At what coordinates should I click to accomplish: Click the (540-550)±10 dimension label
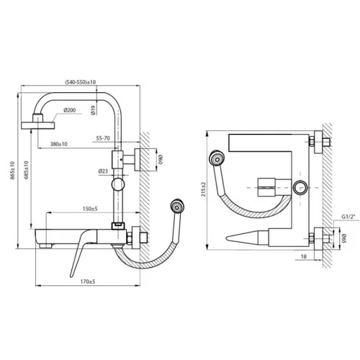click(81, 82)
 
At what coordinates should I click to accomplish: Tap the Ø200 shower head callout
click(70, 110)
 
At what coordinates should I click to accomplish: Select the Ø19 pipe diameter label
click(94, 110)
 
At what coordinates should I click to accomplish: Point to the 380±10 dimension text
click(59, 144)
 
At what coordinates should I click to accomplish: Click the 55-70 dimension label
click(103, 138)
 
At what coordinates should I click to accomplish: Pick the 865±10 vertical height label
click(12, 171)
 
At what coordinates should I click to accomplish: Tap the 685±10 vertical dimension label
click(26, 170)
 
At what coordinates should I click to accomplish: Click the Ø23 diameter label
click(103, 171)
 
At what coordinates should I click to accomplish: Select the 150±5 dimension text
click(90, 209)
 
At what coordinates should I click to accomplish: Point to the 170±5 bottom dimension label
click(88, 282)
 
